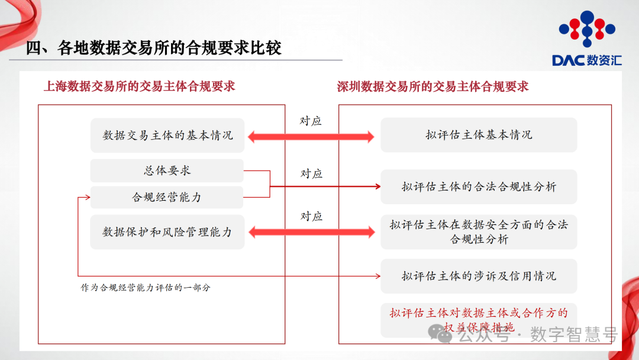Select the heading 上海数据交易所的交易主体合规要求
139,86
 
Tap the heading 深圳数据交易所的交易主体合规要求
433,86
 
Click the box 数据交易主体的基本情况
167,135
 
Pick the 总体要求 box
167,171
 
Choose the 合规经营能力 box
167,197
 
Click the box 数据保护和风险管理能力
167,232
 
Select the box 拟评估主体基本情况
479,135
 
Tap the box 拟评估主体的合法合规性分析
479,187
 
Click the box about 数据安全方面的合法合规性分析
479,232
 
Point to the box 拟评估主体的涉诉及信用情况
479,276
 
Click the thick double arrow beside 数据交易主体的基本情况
311,137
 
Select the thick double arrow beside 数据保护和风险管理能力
311,232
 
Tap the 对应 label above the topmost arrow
311,121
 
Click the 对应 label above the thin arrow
311,173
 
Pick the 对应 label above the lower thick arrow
311,216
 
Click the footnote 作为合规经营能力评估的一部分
146,288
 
